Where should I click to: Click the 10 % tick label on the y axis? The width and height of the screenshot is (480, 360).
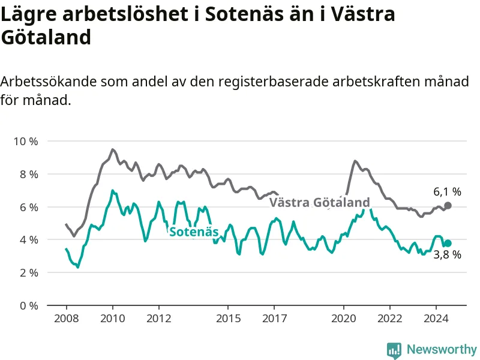point(26,142)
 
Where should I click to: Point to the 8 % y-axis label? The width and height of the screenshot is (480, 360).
point(29,175)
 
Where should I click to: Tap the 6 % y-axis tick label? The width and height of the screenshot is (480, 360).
point(29,207)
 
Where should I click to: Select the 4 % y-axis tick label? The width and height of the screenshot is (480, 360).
point(29,239)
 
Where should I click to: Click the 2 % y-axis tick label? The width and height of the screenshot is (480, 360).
point(29,272)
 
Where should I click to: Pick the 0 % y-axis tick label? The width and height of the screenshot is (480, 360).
point(29,305)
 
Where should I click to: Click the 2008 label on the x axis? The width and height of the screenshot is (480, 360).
point(67,319)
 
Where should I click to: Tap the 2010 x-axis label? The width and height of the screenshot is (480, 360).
point(113,319)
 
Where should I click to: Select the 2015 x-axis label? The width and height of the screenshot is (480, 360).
point(229,319)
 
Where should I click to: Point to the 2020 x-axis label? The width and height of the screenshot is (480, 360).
point(344,319)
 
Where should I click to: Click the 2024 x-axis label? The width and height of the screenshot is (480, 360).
point(436,319)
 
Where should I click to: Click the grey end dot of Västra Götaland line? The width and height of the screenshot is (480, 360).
point(448,205)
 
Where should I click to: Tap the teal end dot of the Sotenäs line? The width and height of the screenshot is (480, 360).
point(448,244)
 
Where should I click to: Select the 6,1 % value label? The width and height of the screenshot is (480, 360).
point(447,191)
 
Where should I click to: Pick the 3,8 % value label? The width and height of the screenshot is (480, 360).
point(447,254)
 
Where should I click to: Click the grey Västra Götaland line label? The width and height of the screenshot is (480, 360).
point(320,202)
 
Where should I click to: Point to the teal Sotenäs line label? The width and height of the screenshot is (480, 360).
point(194,232)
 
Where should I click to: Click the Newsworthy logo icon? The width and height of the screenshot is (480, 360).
point(394,350)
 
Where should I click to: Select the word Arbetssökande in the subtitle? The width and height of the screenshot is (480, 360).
point(49,82)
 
